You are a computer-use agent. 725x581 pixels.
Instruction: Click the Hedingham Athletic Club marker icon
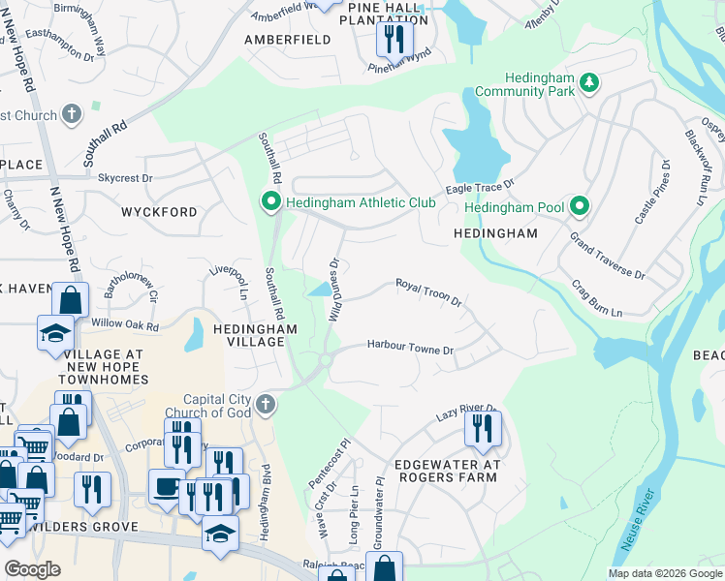click(270, 201)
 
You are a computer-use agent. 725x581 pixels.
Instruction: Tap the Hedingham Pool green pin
click(580, 206)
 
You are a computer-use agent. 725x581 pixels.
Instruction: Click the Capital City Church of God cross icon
click(265, 404)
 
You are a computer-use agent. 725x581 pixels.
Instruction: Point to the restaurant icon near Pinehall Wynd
click(394, 39)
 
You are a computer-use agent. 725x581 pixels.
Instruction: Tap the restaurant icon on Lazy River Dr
click(482, 427)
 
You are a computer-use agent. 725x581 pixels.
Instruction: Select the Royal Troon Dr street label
click(427, 290)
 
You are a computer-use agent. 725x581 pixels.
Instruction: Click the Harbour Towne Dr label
click(410, 347)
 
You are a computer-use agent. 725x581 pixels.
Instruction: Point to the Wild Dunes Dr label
click(334, 288)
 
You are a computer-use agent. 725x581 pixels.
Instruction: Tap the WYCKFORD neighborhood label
click(159, 211)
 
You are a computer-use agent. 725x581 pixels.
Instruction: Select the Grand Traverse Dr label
click(607, 256)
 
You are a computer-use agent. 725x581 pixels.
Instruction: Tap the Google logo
click(32, 568)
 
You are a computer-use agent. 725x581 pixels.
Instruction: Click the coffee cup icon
click(167, 486)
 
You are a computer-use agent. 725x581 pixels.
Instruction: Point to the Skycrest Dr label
click(125, 178)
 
